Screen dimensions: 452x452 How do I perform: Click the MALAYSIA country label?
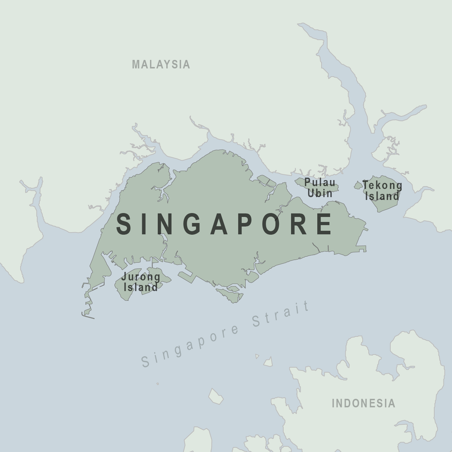pyautogui.click(x=161, y=64)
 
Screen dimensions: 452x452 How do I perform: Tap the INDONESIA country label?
pyautogui.click(x=363, y=403)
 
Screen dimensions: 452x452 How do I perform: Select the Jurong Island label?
pyautogui.click(x=140, y=282)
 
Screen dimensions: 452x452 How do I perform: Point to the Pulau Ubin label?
pyautogui.click(x=320, y=188)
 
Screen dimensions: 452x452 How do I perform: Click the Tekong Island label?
pyautogui.click(x=382, y=190)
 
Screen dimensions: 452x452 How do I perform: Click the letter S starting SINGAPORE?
pyautogui.click(x=124, y=224)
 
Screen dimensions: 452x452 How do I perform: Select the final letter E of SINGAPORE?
pyautogui.click(x=324, y=224)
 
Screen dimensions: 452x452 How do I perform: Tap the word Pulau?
pyautogui.click(x=320, y=183)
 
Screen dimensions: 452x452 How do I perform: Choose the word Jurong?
pyautogui.click(x=140, y=277)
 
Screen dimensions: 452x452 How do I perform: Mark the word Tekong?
pyautogui.click(x=382, y=185)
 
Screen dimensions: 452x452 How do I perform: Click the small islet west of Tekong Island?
pyautogui.click(x=358, y=185)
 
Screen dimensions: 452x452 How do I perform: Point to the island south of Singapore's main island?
pyautogui.click(x=230, y=295)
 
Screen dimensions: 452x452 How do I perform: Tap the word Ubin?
pyautogui.click(x=320, y=193)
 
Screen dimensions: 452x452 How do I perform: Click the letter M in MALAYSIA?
pyautogui.click(x=136, y=64)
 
